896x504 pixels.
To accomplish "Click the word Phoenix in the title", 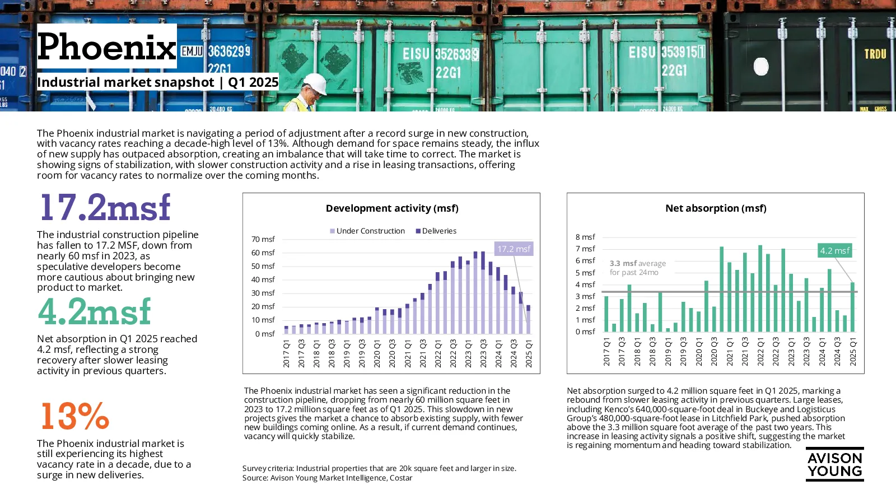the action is click(x=106, y=47).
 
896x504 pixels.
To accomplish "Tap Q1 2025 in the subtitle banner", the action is click(x=253, y=82).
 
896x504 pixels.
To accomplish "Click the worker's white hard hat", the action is click(x=315, y=84).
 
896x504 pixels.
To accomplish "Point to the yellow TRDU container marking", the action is click(x=875, y=54).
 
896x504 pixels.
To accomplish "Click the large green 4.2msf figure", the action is click(x=95, y=311).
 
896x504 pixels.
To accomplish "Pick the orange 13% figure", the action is click(x=75, y=416).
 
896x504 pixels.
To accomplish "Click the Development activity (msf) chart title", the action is click(x=392, y=208).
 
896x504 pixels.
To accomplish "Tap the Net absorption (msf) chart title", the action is click(x=716, y=208).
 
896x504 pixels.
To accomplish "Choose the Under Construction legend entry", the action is click(x=367, y=231).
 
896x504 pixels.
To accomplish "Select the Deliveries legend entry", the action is click(x=436, y=231).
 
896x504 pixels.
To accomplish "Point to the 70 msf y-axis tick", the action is click(x=263, y=239).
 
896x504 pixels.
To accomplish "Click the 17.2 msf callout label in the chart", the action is click(x=514, y=249).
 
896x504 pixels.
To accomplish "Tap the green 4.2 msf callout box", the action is click(x=835, y=251).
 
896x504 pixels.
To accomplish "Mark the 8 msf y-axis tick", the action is click(x=585, y=237).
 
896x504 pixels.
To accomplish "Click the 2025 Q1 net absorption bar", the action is click(x=852, y=307).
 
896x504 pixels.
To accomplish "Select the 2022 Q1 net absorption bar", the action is click(x=760, y=288).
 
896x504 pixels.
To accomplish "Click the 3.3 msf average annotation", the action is click(x=638, y=268).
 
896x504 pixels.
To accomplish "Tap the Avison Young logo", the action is click(x=835, y=464).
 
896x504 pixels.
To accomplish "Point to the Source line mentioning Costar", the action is click(x=327, y=478).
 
